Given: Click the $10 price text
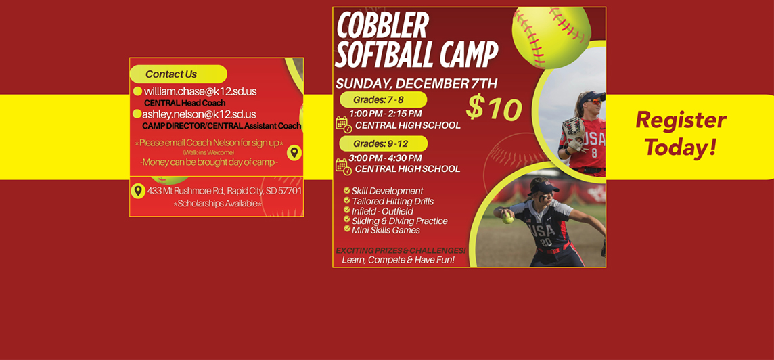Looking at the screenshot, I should click(x=494, y=108).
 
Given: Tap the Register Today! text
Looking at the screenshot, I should click(x=680, y=133).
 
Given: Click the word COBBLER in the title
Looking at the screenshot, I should click(x=382, y=26).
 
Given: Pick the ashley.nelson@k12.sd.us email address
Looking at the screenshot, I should click(x=200, y=114).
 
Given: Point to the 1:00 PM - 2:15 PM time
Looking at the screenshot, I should click(x=386, y=114).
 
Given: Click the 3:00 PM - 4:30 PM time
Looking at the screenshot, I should click(x=386, y=158).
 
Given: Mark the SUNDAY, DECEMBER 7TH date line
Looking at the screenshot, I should click(x=417, y=84).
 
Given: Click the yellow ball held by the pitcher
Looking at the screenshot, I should click(x=507, y=218).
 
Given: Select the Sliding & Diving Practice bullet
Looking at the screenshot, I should click(x=400, y=221).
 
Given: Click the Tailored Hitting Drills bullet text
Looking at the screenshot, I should click(x=392, y=202).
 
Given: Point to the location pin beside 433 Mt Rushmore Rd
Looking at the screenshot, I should click(x=138, y=191).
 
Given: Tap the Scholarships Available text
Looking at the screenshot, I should click(x=218, y=204).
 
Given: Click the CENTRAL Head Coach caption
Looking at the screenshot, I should click(x=185, y=103).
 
